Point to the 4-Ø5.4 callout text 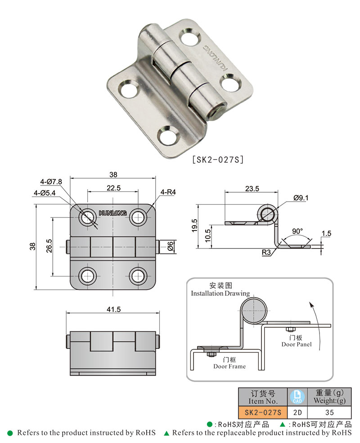point(44,193)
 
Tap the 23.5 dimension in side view point(252,189)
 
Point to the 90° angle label point(297,231)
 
